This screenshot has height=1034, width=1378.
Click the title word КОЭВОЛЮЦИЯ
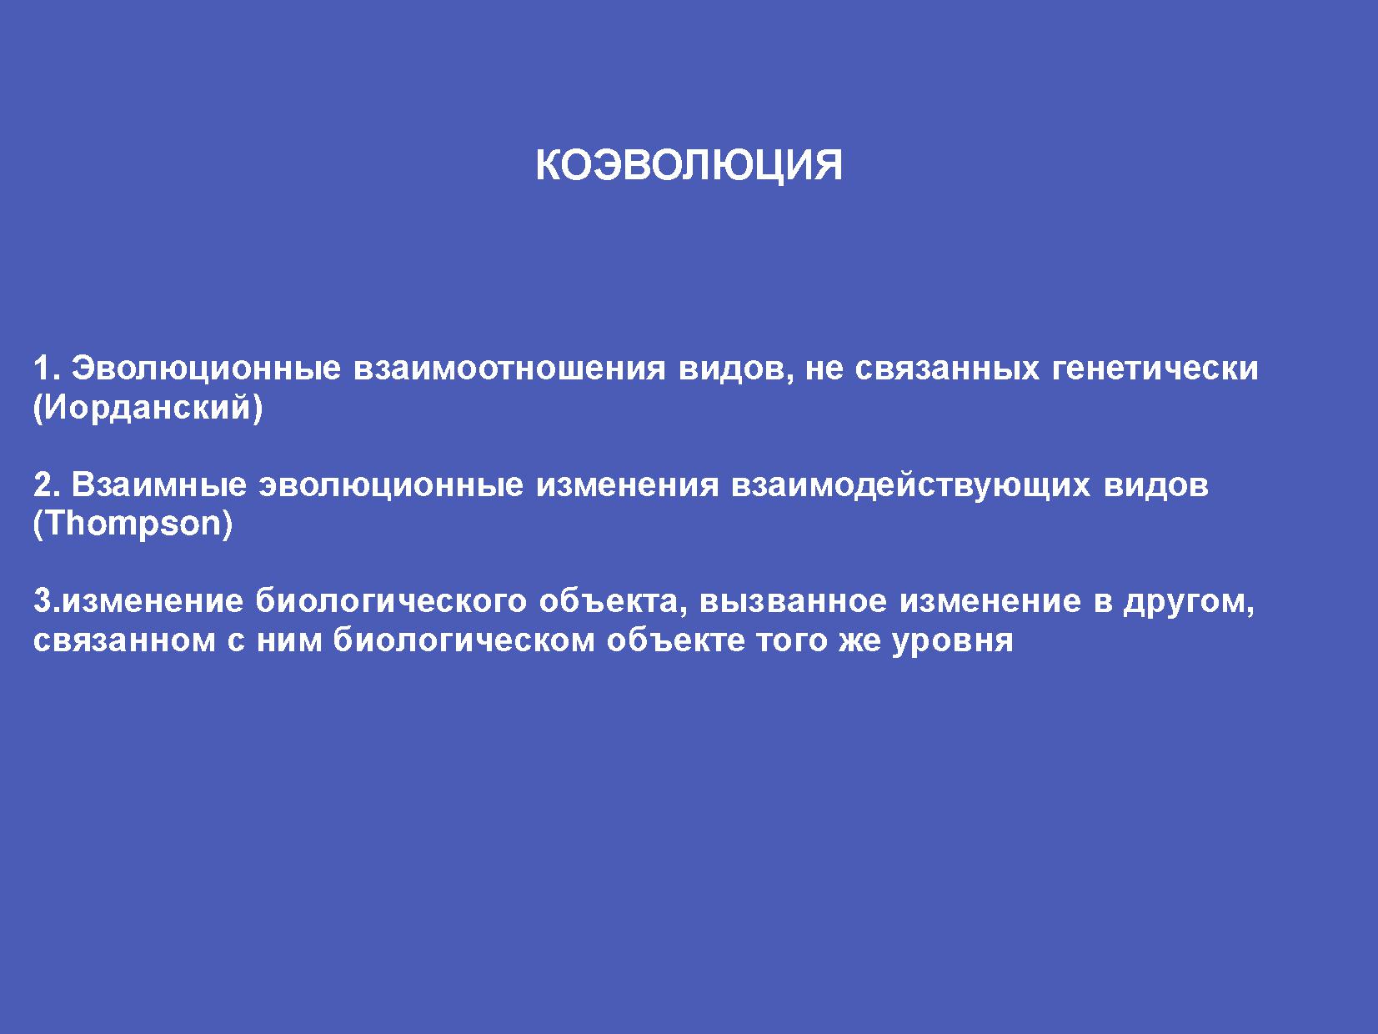(689, 166)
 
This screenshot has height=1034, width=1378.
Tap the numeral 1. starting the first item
(47, 368)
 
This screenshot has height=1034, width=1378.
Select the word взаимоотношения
(509, 369)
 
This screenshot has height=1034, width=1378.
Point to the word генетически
(1155, 369)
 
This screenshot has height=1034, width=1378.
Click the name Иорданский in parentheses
(148, 408)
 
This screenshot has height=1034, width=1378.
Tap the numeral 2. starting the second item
(47, 484)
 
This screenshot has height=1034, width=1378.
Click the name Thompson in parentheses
(133, 525)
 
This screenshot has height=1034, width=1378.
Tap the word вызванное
(793, 601)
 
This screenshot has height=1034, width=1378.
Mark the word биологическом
(464, 640)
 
